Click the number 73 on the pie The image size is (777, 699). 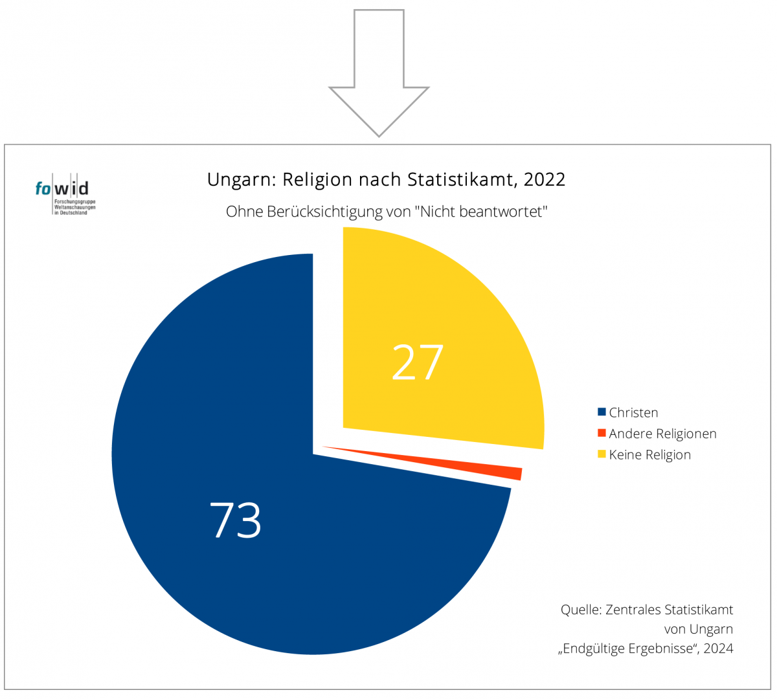(x=236, y=520)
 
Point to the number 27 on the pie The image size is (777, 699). (x=418, y=362)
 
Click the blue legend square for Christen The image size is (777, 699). (x=602, y=412)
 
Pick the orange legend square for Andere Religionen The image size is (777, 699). (x=602, y=433)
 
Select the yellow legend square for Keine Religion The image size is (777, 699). (x=602, y=454)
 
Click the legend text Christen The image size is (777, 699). (x=633, y=413)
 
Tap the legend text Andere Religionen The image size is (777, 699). (x=662, y=434)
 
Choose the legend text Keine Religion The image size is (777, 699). (x=649, y=455)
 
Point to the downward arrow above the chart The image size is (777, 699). (x=379, y=78)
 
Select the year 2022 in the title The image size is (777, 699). (x=545, y=180)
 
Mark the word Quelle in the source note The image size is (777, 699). (x=581, y=610)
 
